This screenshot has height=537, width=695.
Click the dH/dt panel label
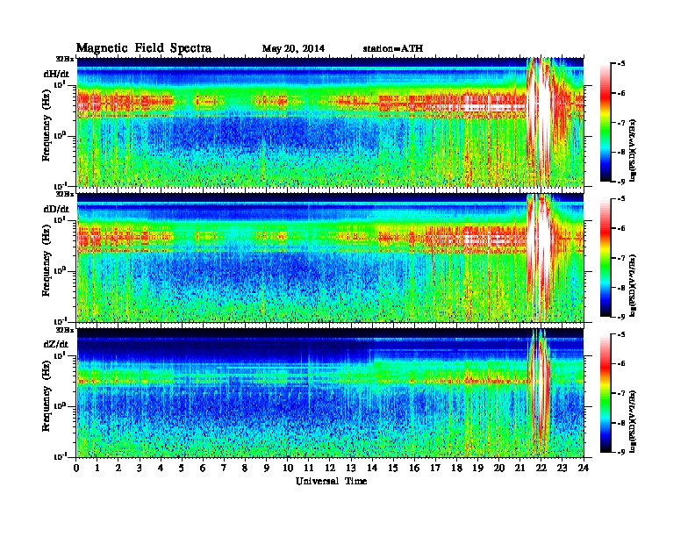(55, 74)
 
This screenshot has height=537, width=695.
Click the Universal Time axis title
(331, 481)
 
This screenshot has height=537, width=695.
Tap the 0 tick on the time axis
(77, 469)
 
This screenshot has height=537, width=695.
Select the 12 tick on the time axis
(331, 469)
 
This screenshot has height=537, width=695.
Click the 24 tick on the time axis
(584, 469)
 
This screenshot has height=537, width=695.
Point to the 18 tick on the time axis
(457, 469)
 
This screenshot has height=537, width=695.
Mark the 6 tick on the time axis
(204, 469)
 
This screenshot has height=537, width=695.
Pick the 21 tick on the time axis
(521, 469)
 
